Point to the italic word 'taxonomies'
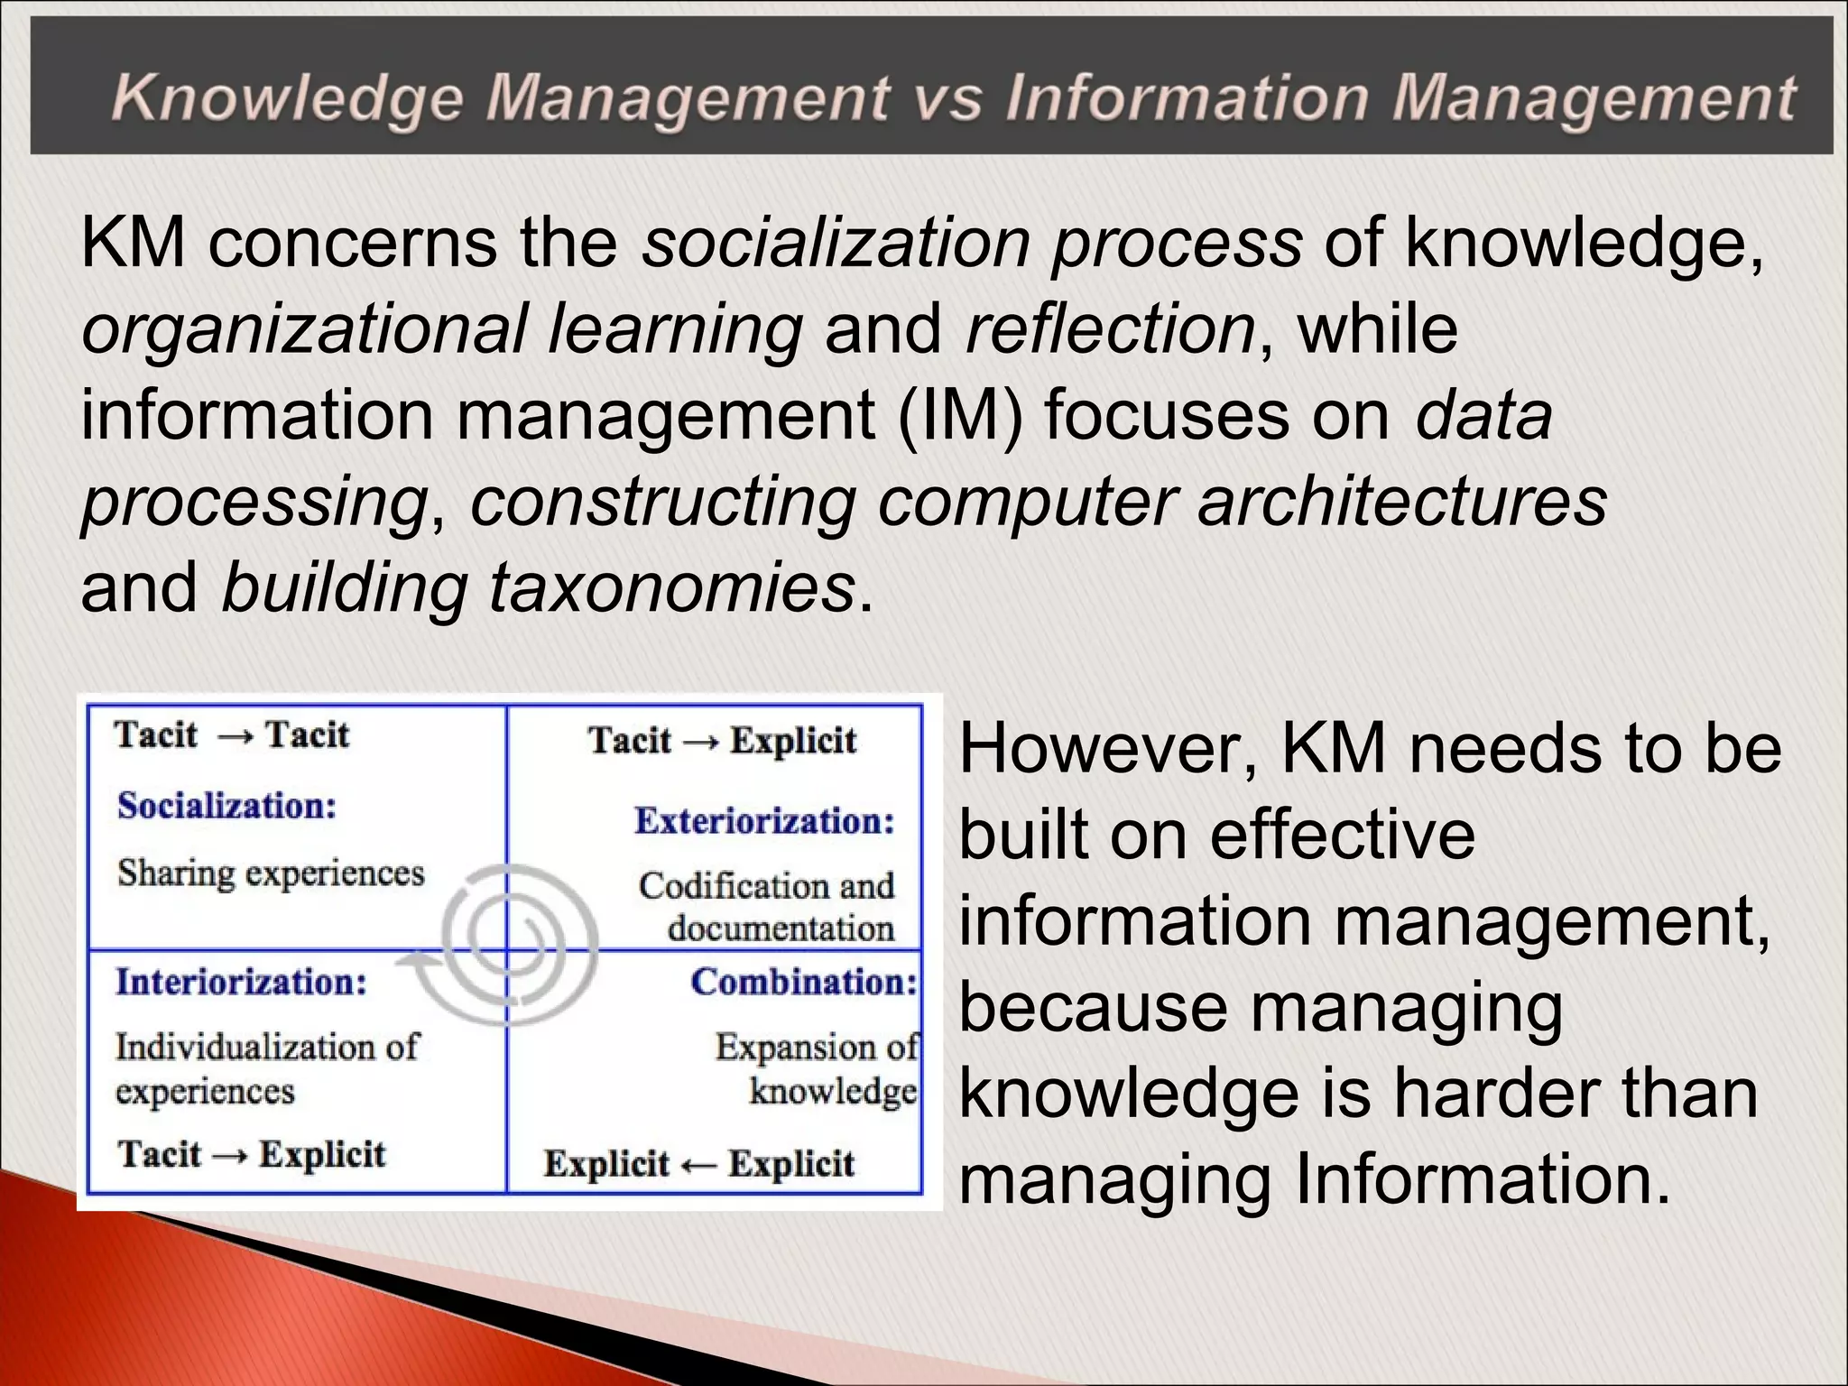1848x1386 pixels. (x=671, y=587)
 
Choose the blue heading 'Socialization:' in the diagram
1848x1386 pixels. (x=226, y=806)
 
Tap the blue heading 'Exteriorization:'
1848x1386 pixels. (x=764, y=821)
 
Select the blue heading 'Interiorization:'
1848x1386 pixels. (x=241, y=982)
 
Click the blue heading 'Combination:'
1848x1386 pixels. (x=804, y=982)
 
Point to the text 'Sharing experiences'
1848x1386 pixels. (x=271, y=873)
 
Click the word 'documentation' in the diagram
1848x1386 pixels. (x=781, y=929)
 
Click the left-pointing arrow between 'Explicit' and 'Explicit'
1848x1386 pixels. (x=699, y=1166)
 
